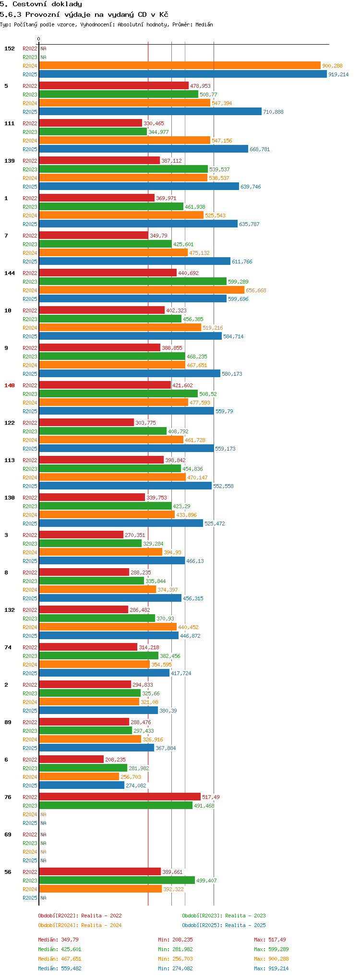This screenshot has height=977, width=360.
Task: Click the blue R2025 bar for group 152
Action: [182, 74]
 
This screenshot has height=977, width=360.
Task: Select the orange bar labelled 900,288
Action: [180, 66]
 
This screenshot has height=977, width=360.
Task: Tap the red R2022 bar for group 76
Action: [120, 797]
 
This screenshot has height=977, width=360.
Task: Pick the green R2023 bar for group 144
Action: [132, 282]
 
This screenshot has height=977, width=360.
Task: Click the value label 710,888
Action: [273, 112]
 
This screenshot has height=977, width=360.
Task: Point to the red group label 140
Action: [10, 385]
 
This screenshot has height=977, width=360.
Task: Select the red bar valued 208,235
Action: [71, 760]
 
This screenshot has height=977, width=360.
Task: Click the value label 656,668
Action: [256, 290]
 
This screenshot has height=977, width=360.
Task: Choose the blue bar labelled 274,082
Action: [82, 786]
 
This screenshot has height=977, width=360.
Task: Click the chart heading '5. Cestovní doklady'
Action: [41, 4]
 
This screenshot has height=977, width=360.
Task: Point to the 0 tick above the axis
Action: [39, 39]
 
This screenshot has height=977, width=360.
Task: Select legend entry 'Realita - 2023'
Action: [224, 916]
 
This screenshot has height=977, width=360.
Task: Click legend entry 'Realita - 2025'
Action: [224, 925]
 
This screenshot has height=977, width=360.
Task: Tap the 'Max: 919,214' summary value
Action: [271, 968]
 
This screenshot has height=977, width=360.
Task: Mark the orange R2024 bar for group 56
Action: [100, 889]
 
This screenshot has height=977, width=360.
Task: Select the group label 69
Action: [8, 834]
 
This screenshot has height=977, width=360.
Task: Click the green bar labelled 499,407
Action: [117, 881]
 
